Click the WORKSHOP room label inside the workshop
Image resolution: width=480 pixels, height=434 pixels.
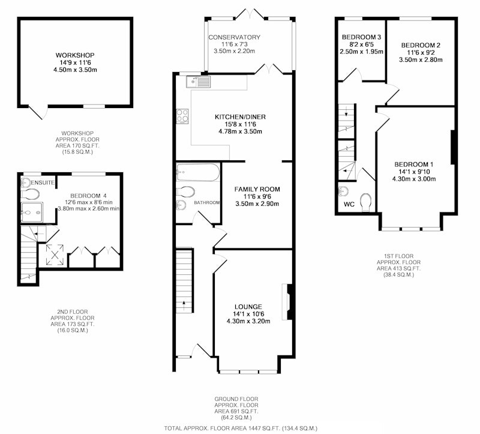[x=75, y=55]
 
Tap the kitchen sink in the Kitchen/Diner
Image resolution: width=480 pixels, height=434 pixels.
[x=199, y=82]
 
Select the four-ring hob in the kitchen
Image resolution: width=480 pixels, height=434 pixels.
[x=182, y=116]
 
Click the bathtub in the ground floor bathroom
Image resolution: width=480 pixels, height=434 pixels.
[x=198, y=172]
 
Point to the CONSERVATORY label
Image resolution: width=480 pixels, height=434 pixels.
[x=234, y=37]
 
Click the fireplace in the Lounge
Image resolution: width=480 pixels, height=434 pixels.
[x=289, y=302]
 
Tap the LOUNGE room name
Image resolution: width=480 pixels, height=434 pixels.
[x=248, y=307]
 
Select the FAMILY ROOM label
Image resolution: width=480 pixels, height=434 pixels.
[x=257, y=189]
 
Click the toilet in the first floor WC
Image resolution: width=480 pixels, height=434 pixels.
[x=366, y=202]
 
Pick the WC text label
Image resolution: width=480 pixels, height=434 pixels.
[x=349, y=204]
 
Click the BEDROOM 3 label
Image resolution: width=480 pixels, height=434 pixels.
[x=362, y=37]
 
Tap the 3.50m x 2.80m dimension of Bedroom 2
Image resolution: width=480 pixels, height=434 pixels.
[x=421, y=59]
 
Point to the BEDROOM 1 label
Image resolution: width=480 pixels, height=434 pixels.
[x=414, y=164]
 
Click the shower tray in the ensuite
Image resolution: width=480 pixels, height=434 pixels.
[x=32, y=212]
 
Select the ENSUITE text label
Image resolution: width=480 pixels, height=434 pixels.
[x=43, y=183]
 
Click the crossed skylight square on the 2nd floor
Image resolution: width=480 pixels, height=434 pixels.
[x=55, y=255]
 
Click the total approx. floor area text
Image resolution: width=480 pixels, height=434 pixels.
[x=241, y=428]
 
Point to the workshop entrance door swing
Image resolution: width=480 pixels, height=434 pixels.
[x=38, y=112]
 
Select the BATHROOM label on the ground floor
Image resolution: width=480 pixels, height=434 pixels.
[x=207, y=203]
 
